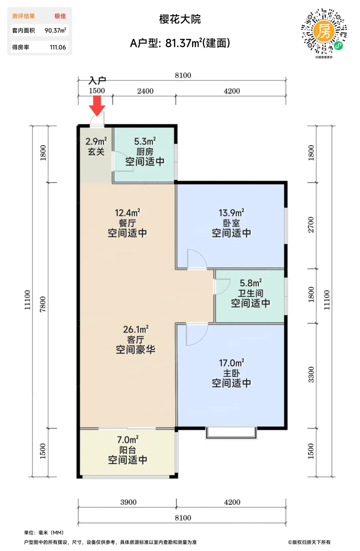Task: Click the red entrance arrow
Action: click(97, 106)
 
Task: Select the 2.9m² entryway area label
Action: click(96, 141)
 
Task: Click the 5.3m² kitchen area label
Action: click(145, 141)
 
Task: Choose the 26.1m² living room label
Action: click(135, 329)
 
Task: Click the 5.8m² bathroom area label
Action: click(251, 283)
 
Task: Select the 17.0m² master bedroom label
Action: click(232, 363)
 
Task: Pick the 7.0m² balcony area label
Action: click(128, 440)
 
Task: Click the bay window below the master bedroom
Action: click(231, 433)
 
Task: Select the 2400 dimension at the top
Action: click(145, 91)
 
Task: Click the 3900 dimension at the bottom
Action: click(128, 502)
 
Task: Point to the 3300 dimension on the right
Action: click(311, 375)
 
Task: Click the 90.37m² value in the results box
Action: click(55, 30)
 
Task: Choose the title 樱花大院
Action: click(180, 19)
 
